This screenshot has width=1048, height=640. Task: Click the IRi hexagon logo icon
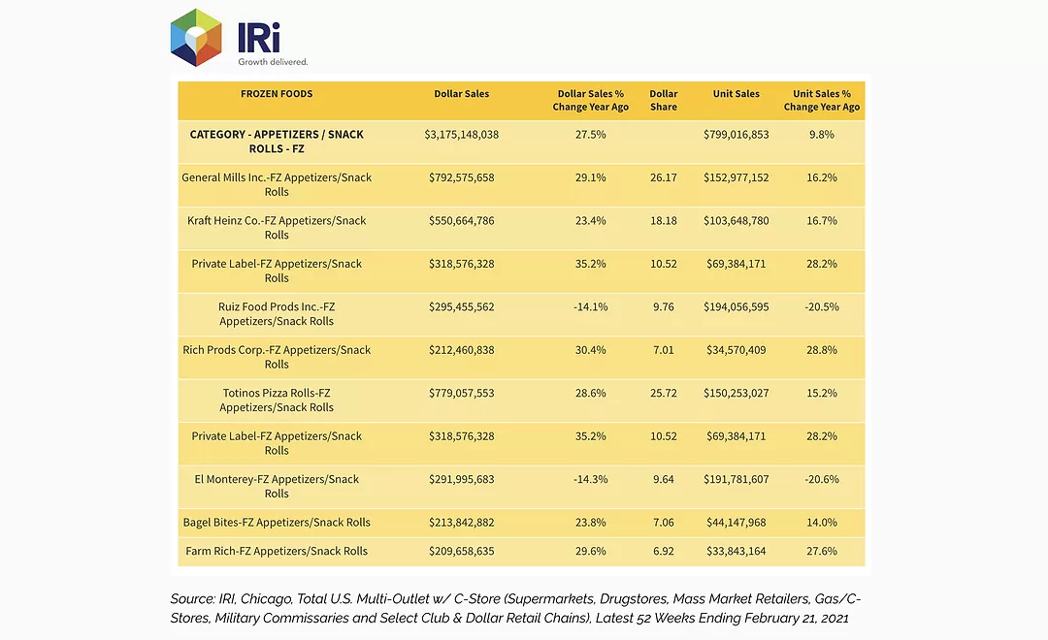[x=196, y=38]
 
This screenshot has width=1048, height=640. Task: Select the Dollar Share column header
[x=663, y=100]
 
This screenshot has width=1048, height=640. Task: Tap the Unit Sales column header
[x=736, y=93]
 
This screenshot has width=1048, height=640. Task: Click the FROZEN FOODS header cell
[x=277, y=93]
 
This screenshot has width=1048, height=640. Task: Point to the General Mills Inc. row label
[x=277, y=184]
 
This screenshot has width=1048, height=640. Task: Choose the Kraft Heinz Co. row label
[x=277, y=227]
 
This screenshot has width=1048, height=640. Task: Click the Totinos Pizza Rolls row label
[x=277, y=400]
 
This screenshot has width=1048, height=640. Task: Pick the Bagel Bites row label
[x=277, y=523]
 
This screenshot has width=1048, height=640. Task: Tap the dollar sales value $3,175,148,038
[x=461, y=134]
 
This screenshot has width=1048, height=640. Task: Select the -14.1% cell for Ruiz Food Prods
[x=591, y=306]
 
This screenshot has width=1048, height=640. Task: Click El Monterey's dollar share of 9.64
[x=663, y=479]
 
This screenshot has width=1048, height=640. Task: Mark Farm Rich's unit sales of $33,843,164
[x=736, y=551]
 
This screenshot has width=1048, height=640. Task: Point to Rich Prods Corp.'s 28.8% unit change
[x=822, y=350]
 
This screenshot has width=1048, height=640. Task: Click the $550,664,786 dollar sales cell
[x=461, y=220]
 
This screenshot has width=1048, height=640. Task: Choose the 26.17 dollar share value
[x=663, y=177]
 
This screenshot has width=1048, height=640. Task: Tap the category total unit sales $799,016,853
[x=736, y=134]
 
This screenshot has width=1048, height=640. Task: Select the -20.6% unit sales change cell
[x=822, y=479]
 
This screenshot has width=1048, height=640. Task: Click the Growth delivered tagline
[x=273, y=61]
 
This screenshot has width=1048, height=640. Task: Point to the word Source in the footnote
[x=192, y=598]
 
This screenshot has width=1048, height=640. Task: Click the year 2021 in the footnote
[x=835, y=618]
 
